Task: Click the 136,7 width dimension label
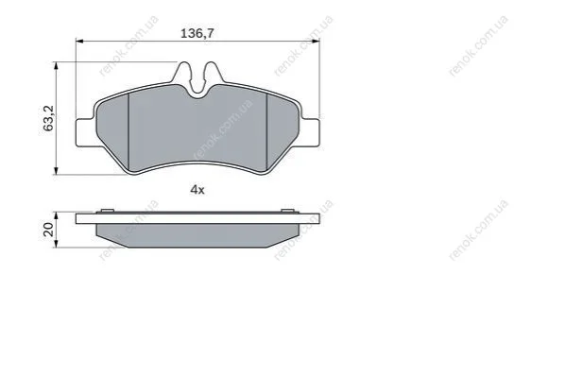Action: tap(197, 34)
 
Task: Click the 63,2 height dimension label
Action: tap(48, 118)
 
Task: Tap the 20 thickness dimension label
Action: tap(48, 230)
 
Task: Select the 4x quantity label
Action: tap(197, 189)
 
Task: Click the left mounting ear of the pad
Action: tap(86, 132)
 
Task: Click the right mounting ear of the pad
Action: tap(310, 132)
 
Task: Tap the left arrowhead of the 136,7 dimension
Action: tap(79, 42)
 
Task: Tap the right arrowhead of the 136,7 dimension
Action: tap(316, 42)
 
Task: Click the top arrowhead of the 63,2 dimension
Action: tap(56, 66)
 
